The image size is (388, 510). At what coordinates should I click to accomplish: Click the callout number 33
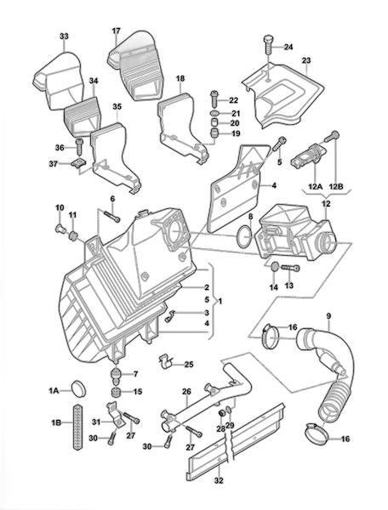coord(64,36)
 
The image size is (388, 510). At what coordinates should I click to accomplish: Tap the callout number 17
coord(117,31)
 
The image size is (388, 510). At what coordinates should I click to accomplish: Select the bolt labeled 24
coord(268,44)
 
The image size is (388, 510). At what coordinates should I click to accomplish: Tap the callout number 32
coord(219,480)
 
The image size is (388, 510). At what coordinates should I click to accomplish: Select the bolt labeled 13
coord(290,268)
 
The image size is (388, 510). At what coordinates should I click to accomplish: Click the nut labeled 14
coord(275,267)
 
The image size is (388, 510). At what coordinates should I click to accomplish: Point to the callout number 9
coord(328,315)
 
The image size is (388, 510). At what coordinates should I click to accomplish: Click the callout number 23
coord(306,60)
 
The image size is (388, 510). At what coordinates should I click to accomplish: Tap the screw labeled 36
coord(79,147)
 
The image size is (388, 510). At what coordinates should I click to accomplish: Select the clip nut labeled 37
coord(79,162)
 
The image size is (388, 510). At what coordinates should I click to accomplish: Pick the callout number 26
coord(186,392)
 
